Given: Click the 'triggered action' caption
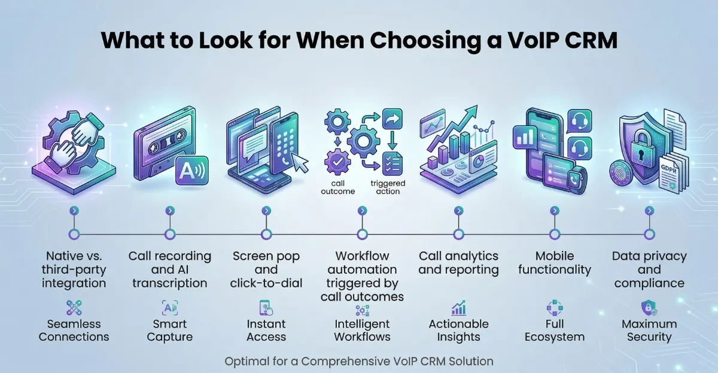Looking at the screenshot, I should [387, 187].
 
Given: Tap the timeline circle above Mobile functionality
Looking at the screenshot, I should [554, 233].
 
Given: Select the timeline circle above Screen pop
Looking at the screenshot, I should [266, 233].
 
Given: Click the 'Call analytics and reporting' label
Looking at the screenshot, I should [458, 263].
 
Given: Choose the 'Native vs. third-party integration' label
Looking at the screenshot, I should [74, 269].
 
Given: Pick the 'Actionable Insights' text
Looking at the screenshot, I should [458, 330].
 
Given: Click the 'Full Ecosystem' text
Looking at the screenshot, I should [554, 330].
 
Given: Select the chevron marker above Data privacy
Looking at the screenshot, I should [649, 211].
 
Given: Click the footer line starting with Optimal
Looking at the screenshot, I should [358, 362].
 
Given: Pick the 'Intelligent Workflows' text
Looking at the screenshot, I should [362, 330].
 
